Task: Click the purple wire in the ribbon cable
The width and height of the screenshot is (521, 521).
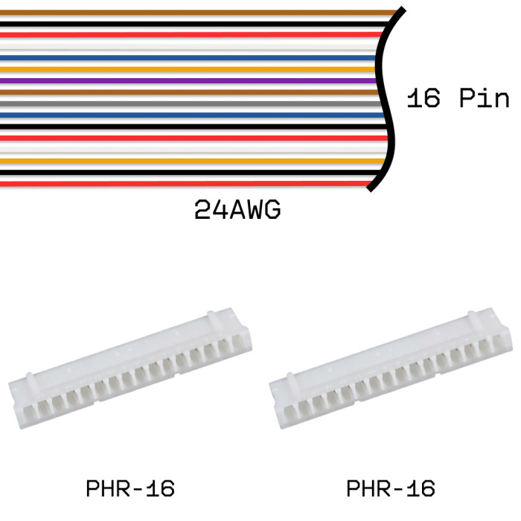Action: (x=186, y=80)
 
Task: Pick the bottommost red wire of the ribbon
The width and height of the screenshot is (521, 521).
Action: (x=186, y=183)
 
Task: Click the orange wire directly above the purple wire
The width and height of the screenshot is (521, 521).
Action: (x=186, y=69)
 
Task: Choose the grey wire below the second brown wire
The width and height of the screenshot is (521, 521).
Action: (x=186, y=103)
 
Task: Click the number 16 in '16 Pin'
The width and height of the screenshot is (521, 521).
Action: (x=423, y=98)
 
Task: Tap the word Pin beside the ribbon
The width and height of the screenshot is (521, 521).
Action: (x=484, y=98)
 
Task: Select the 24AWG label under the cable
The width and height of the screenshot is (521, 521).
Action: (x=237, y=210)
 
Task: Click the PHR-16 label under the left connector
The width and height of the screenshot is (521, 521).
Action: (x=130, y=489)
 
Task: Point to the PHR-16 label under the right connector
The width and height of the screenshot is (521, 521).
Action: (x=391, y=489)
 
